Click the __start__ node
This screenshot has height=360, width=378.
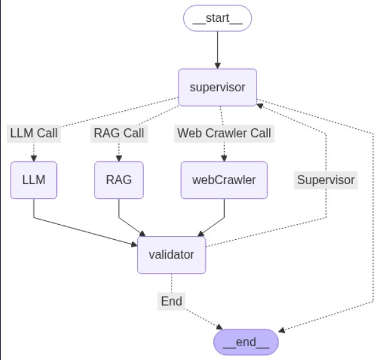[217, 18]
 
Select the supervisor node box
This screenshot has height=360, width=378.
[217, 87]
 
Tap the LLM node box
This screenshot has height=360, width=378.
[33, 180]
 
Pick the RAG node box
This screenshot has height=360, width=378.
[118, 180]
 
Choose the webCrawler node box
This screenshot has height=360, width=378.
[223, 180]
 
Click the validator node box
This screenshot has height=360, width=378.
[171, 254]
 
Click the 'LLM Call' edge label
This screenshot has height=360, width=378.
[34, 133]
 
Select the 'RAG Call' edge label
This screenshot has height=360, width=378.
[118, 133]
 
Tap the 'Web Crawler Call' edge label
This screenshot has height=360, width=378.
[224, 133]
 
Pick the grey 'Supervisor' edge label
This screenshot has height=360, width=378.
[325, 180]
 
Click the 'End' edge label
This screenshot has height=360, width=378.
[171, 301]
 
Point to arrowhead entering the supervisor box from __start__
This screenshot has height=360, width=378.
[217, 64]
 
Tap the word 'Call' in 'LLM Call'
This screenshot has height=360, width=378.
[47, 133]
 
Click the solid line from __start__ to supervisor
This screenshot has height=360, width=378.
[217, 47]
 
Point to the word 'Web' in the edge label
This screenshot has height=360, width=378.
[189, 133]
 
